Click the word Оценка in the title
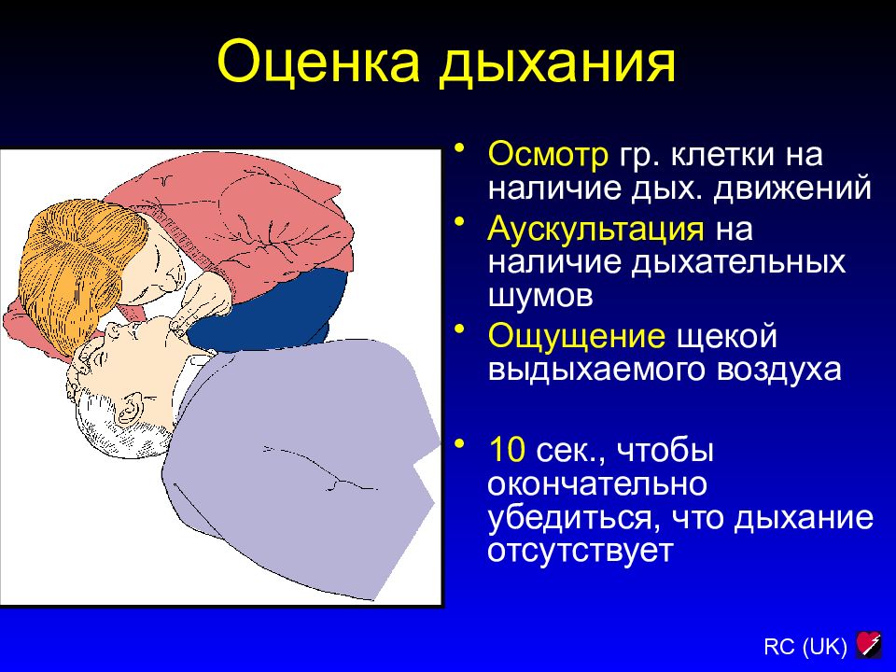319,61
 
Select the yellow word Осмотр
548,154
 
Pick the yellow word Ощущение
576,337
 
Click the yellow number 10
507,449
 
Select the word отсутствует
580,552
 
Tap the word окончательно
597,483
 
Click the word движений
792,189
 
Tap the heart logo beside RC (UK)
869,645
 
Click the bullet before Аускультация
459,222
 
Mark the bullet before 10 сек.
459,443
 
